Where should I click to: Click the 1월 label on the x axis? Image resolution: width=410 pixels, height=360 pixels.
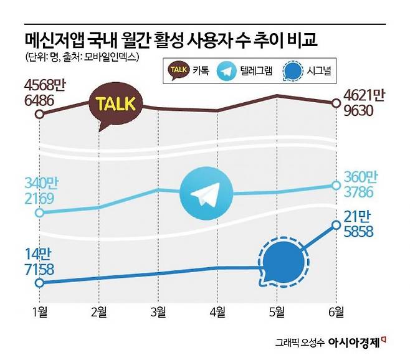pos(38,312)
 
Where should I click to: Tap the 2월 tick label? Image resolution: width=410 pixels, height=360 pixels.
pos(98,312)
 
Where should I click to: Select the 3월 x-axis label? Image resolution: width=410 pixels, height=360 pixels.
pos(158,312)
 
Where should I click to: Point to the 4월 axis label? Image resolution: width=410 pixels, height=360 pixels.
pos(217,312)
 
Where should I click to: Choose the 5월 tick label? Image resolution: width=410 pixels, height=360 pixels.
pos(277,312)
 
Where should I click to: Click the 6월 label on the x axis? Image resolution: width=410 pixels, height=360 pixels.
pos(336,312)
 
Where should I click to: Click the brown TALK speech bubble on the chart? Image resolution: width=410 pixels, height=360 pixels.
pos(117,105)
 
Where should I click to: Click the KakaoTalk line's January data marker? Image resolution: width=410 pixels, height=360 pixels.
pos(39,114)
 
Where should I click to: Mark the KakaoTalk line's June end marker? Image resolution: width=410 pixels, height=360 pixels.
pos(336,103)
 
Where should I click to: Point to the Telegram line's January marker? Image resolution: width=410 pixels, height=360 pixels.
pos(39,212)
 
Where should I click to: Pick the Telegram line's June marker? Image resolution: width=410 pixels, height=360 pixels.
pos(336,186)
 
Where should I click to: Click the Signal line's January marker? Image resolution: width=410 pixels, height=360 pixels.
pos(39,283)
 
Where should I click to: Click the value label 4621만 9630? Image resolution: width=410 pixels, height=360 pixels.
pos(363,103)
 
